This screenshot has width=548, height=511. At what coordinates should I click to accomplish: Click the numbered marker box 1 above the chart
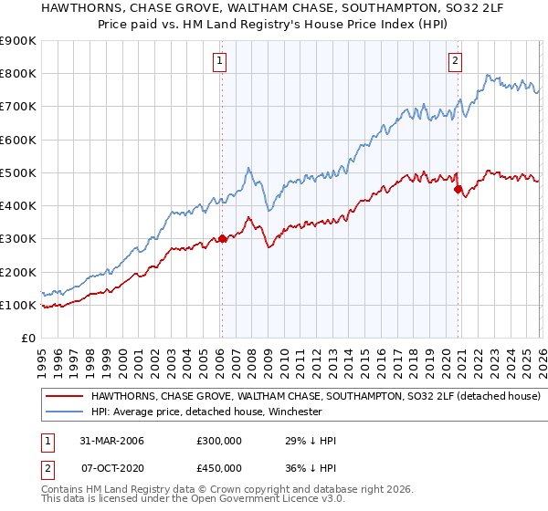pos(221,61)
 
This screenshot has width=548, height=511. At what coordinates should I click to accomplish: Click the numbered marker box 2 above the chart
pos(455,61)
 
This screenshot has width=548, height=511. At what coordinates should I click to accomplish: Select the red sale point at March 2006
pos(222,239)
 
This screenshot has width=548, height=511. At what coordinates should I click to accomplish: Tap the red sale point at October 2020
pos(458,189)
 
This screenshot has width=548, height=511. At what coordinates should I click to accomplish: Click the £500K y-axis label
pos(18,172)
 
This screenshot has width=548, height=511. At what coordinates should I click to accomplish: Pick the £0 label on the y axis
pos(26,338)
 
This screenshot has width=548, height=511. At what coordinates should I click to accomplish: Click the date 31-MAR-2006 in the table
pos(107,441)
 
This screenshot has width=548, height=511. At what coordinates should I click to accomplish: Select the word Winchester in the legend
pos(296,412)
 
